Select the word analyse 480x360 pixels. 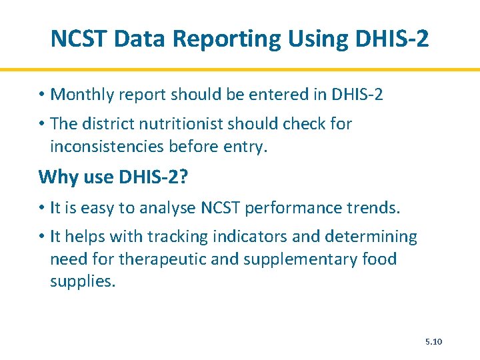coord(168,207)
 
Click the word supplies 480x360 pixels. coord(81,281)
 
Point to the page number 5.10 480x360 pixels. coord(433,342)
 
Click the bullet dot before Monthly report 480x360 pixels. coord(42,95)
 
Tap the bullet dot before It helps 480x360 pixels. coord(42,237)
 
